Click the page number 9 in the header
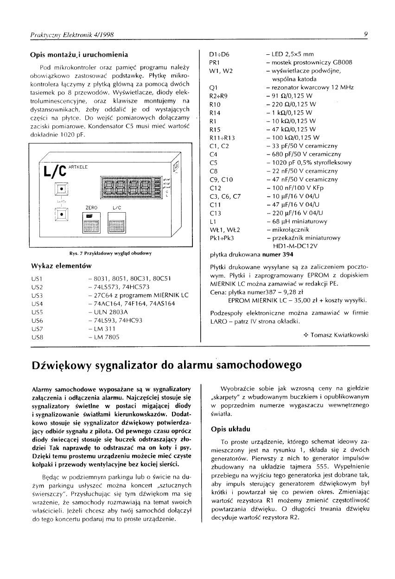click(x=366, y=34)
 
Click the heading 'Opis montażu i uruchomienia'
click(x=79, y=55)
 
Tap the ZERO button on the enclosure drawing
click(x=90, y=225)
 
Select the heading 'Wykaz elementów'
click(x=60, y=266)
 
